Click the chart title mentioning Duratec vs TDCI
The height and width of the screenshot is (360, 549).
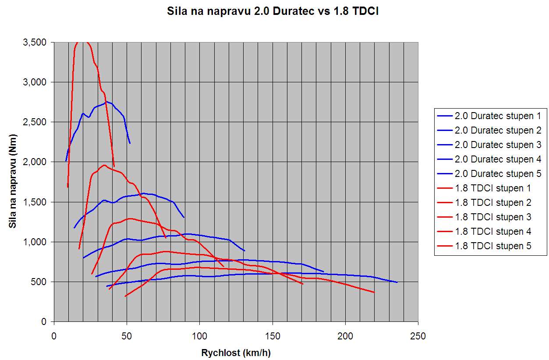[273, 11]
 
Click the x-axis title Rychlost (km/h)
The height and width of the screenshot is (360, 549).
[236, 353]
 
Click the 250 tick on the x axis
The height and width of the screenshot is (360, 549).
[418, 336]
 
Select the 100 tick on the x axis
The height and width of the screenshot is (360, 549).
[199, 336]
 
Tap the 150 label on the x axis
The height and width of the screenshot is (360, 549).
[273, 336]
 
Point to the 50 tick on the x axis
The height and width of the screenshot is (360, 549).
[127, 336]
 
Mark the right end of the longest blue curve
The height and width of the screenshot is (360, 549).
[397, 282]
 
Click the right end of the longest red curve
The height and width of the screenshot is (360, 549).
[374, 292]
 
